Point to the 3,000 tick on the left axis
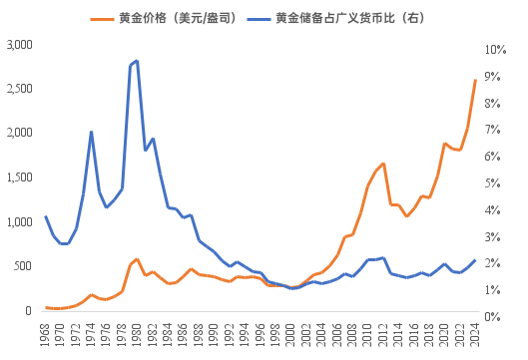coord(19,46)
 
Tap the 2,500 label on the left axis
coord(19,90)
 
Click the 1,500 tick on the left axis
coord(19,179)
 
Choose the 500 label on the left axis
coord(24,267)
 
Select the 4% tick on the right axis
coord(493,210)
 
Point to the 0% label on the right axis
coord(493,316)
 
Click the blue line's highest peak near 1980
coord(137,61)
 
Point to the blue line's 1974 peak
coord(91,132)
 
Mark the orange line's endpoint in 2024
coord(474,80)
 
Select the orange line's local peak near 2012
coord(383,163)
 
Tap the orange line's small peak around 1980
coord(137,259)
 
